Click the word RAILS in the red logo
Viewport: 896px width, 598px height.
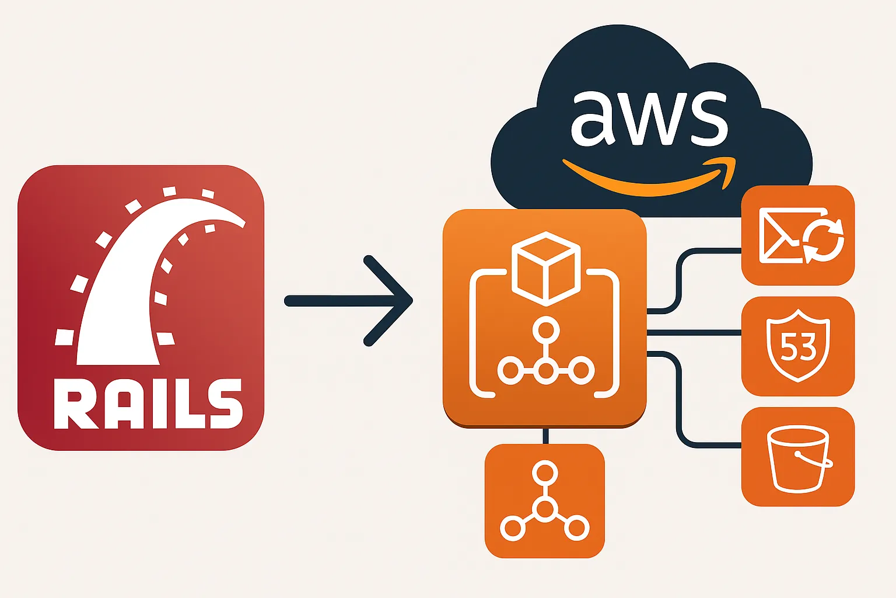[x=148, y=404]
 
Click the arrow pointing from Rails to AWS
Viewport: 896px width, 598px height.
[x=350, y=301]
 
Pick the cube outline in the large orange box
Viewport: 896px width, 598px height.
[x=545, y=268]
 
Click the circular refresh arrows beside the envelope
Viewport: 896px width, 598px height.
[x=823, y=240]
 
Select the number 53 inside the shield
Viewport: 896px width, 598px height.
[x=797, y=348]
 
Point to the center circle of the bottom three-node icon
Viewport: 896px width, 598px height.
[x=545, y=509]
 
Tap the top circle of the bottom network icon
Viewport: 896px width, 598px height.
[x=545, y=472]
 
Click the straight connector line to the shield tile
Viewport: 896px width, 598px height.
[x=694, y=333]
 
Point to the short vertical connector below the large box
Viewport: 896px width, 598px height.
[x=545, y=436]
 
